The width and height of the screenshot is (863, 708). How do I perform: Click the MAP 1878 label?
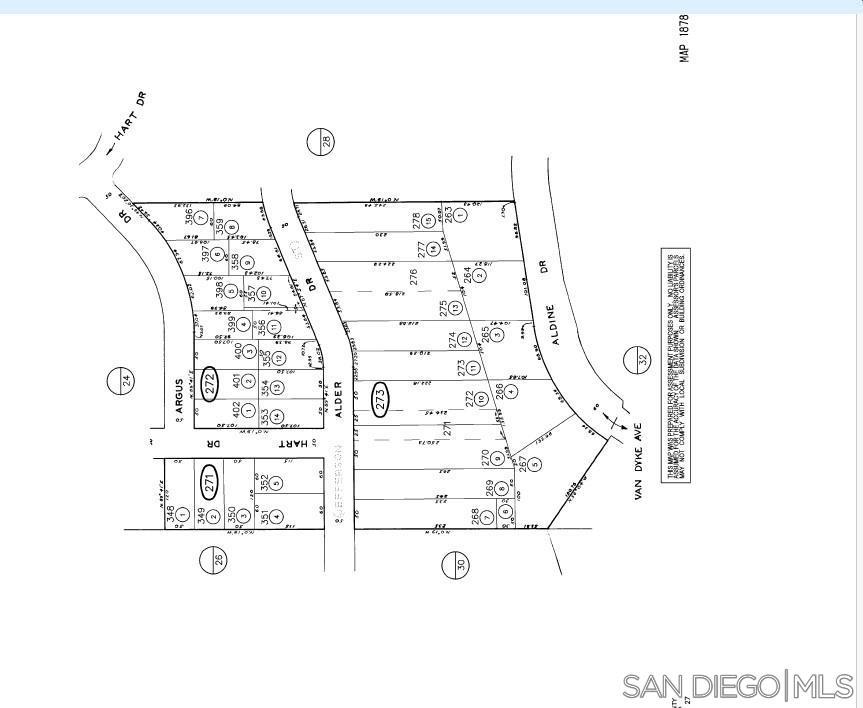click(x=685, y=39)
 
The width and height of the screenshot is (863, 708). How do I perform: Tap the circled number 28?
click(x=320, y=141)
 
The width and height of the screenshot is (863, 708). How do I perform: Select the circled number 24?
click(x=120, y=380)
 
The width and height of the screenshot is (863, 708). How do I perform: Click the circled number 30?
click(x=455, y=565)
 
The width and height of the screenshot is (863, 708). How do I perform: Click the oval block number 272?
click(x=209, y=384)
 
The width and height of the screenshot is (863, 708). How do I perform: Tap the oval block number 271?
click(x=209, y=481)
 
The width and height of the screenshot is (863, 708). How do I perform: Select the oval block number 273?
click(x=380, y=397)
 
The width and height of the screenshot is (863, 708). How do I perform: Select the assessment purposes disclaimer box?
click(x=677, y=365)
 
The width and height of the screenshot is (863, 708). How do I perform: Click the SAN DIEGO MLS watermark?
click(x=738, y=686)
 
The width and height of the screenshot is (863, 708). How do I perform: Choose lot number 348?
click(x=172, y=514)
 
